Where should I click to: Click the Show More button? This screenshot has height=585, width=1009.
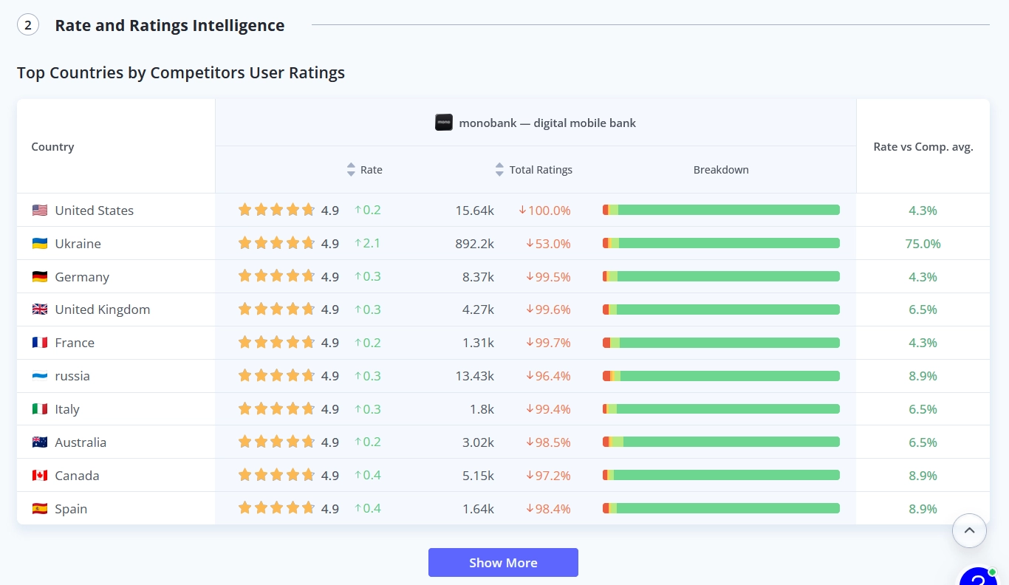coord(503,563)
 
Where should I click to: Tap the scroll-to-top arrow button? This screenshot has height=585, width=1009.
coord(969,530)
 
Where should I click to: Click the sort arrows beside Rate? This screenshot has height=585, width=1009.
coord(351,169)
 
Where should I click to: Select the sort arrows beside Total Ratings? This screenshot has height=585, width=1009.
coord(499,169)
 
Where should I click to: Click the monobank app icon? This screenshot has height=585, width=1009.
coord(444,123)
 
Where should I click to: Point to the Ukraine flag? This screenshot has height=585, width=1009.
coord(40,244)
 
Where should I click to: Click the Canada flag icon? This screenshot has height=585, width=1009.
coord(40,476)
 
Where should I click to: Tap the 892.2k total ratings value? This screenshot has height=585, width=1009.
coord(474,244)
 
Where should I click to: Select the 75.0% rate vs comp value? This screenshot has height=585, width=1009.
coord(923,244)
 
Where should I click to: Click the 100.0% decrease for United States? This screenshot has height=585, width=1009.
coord(544,211)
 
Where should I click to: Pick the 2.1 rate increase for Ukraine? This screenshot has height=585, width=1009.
coord(367,243)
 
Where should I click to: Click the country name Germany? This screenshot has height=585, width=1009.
coord(82,276)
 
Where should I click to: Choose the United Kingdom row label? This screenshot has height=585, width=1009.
coord(102,309)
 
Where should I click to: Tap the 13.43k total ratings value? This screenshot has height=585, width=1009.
coord(474,376)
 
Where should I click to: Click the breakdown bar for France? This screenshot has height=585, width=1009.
coord(721,343)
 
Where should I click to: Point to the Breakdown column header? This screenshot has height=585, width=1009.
coord(721,170)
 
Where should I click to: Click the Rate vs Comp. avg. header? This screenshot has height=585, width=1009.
coord(923,147)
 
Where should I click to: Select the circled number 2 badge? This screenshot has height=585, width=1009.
coord(28,25)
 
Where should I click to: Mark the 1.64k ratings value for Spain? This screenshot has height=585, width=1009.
coord(478,509)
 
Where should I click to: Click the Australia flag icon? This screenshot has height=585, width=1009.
coord(40,442)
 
